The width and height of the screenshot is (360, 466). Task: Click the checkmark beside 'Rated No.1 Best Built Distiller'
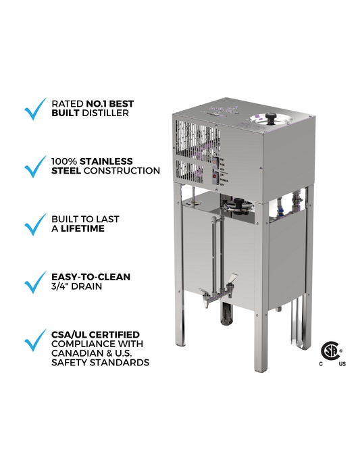coord(34,109)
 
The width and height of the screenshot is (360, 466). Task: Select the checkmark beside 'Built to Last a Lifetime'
coord(34,224)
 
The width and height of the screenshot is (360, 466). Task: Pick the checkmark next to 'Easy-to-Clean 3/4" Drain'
coord(34,282)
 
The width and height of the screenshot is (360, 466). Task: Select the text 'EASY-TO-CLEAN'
coord(91,277)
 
